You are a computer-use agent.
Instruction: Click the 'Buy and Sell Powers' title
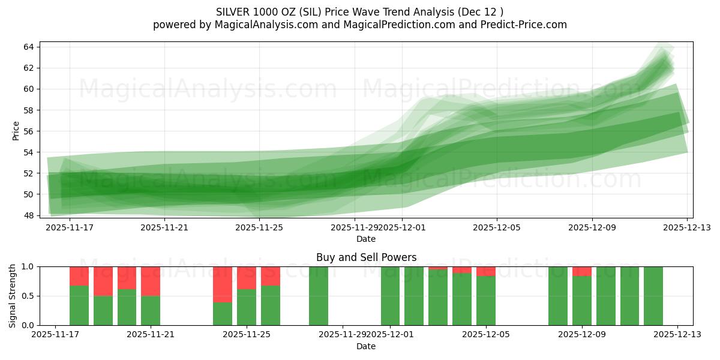(366, 257)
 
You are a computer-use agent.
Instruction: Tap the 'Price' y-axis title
(16, 131)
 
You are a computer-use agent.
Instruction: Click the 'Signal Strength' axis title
(13, 296)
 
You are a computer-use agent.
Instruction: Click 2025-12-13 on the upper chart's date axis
(687, 228)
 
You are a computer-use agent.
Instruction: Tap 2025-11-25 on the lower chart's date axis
(247, 335)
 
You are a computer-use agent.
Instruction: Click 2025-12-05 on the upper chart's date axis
(497, 228)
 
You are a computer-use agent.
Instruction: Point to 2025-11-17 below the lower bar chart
(55, 335)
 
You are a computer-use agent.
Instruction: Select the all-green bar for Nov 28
(319, 296)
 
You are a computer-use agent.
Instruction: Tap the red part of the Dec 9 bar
(582, 271)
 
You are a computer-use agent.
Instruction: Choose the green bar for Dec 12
(653, 296)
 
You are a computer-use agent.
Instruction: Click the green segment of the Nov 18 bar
(79, 305)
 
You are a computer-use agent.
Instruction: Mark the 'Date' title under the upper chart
(366, 239)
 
